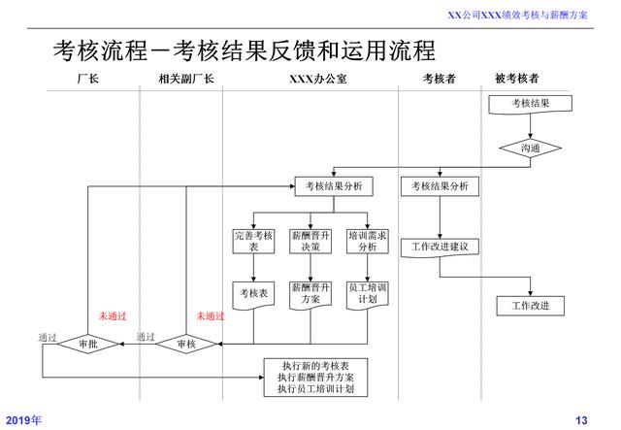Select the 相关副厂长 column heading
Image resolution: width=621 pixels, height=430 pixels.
click(185, 78)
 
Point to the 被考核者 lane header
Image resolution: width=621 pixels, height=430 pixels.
click(517, 78)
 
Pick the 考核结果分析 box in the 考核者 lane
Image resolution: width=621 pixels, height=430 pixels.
click(440, 185)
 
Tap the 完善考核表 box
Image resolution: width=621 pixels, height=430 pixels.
click(253, 242)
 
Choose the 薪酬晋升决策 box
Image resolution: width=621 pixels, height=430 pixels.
click(310, 242)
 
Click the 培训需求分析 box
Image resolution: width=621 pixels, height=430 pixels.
click(368, 242)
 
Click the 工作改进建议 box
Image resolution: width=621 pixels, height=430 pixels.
click(440, 247)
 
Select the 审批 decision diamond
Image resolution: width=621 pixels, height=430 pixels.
click(88, 345)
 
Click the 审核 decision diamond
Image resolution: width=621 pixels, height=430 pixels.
click(184, 345)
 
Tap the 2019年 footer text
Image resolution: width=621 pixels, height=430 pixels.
click(23, 419)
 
